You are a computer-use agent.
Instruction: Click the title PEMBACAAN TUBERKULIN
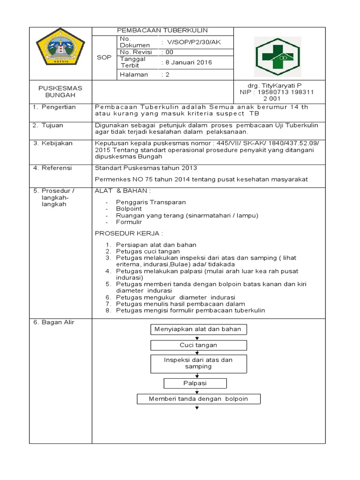coord(162,30)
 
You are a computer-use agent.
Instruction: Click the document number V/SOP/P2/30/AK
coord(190,42)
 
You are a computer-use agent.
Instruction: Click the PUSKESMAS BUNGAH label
coord(60,91)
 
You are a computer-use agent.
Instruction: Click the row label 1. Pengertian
coord(54,107)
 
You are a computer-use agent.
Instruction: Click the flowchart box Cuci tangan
coord(198,345)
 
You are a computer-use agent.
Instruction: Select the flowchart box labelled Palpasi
coord(195,383)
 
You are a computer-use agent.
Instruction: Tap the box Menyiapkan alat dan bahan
coord(198,329)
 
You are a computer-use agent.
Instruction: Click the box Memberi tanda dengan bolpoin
coord(198,399)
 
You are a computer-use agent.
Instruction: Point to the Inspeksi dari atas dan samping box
coord(198,363)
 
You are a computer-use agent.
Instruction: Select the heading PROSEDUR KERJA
coord(128,233)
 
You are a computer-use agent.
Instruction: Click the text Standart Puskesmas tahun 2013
coord(146,168)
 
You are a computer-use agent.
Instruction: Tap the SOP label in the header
coord(104,57)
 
